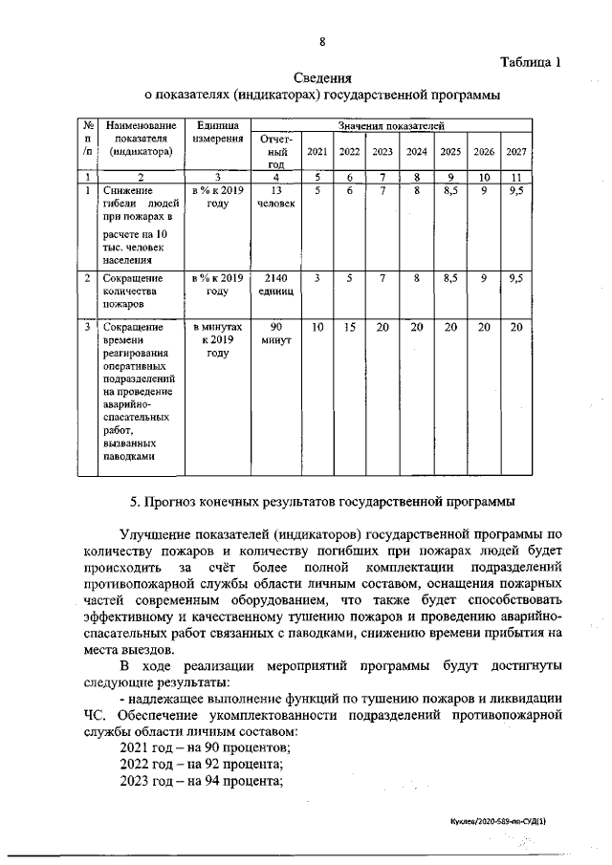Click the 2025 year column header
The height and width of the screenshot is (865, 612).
tap(450, 151)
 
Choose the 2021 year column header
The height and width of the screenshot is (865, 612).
tap(317, 151)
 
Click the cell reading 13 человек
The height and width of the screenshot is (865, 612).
tap(276, 198)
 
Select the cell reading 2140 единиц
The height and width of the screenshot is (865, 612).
tap(276, 285)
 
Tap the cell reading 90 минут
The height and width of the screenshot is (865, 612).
tap(276, 334)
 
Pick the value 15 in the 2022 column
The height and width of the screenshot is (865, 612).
tap(350, 327)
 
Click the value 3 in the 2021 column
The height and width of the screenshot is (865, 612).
tap(317, 278)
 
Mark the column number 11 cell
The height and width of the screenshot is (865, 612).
tap(516, 177)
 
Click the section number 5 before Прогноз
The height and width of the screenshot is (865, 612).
tap(134, 500)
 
